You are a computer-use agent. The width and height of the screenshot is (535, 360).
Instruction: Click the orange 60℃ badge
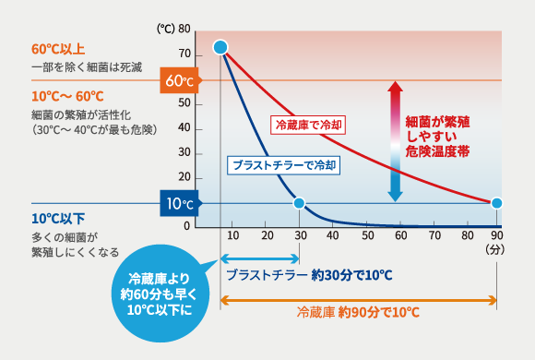[178, 80]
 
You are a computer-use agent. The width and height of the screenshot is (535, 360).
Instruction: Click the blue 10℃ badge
[178, 203]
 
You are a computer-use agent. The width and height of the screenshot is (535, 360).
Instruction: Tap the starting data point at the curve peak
[220, 47]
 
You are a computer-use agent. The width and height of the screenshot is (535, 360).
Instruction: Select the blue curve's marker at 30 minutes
[299, 203]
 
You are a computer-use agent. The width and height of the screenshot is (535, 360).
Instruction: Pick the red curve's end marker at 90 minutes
[497, 203]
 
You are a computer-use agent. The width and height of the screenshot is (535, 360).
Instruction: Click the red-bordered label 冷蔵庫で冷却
[310, 123]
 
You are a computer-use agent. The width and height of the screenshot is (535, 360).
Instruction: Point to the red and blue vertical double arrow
[395, 141]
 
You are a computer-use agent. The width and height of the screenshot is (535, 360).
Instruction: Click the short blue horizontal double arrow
[260, 260]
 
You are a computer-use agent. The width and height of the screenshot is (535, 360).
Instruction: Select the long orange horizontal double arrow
[359, 299]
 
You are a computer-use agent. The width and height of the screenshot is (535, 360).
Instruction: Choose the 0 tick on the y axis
[187, 226]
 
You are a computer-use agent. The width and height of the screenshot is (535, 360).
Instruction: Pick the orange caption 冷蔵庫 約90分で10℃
[358, 314]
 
